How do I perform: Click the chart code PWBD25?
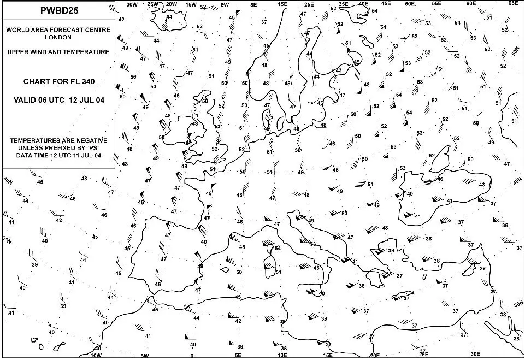pos(57,11)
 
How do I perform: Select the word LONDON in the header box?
pos(57,37)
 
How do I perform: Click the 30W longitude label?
pos(131,4)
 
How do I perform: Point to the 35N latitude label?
pos(6,240)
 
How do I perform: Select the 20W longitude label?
pos(171,4)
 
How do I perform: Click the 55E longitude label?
pos(436,3)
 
